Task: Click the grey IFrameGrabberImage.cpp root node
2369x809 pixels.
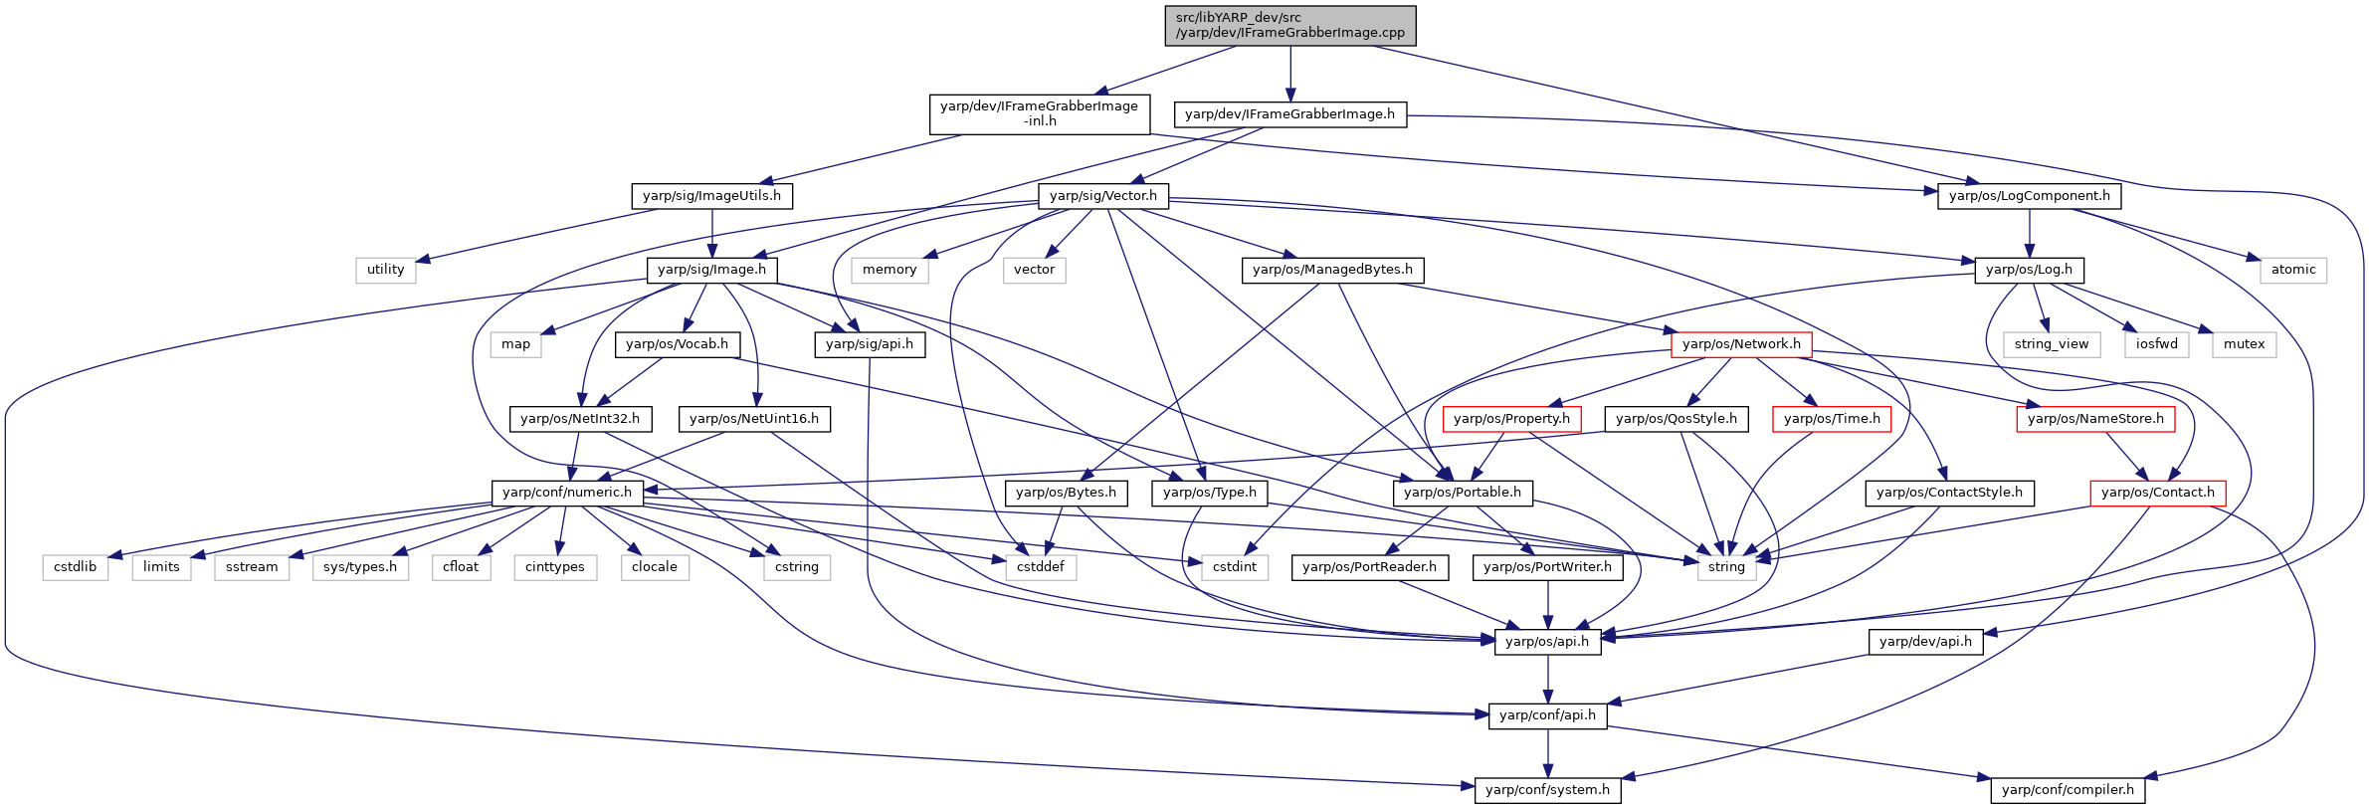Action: tap(1290, 25)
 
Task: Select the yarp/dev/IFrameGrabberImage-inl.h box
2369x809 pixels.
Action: tap(1040, 113)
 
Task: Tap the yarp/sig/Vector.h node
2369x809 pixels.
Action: tap(1103, 196)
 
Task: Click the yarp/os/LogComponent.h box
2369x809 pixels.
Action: tap(2030, 196)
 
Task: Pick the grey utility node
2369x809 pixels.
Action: tap(386, 270)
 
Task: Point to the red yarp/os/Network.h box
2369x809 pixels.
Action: tap(1741, 344)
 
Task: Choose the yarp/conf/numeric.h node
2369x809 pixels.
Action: tap(567, 493)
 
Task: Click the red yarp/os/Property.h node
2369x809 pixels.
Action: tap(1511, 419)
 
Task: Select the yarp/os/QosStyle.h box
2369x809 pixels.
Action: tap(1677, 419)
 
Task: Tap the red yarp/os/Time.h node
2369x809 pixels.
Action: tap(1832, 419)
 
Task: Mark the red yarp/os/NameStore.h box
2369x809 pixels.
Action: tap(2095, 419)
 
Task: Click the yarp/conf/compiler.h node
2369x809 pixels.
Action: tap(2069, 790)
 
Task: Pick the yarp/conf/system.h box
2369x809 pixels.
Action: tap(1547, 790)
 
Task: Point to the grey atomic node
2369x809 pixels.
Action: tap(2293, 270)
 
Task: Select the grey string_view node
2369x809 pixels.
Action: tap(2052, 344)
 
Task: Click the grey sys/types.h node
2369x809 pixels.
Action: tap(360, 567)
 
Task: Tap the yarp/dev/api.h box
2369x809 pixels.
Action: tap(1926, 642)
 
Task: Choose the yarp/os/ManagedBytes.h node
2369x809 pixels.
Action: tap(1333, 270)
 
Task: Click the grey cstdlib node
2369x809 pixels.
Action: tap(76, 567)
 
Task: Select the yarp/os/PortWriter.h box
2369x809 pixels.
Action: tap(1547, 567)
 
